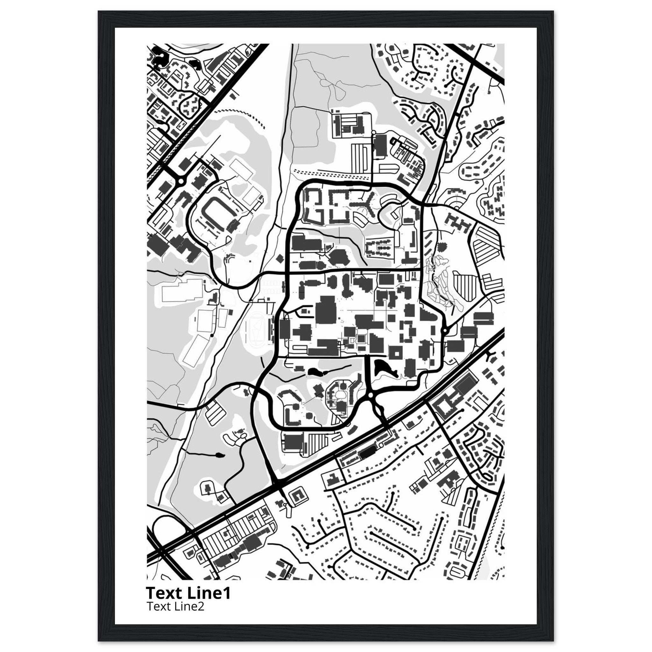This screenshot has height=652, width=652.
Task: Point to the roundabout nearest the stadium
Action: click(181, 181)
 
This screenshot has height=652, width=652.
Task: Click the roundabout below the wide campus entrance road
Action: click(371, 394)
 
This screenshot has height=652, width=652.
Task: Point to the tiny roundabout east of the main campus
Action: click(445, 331)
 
